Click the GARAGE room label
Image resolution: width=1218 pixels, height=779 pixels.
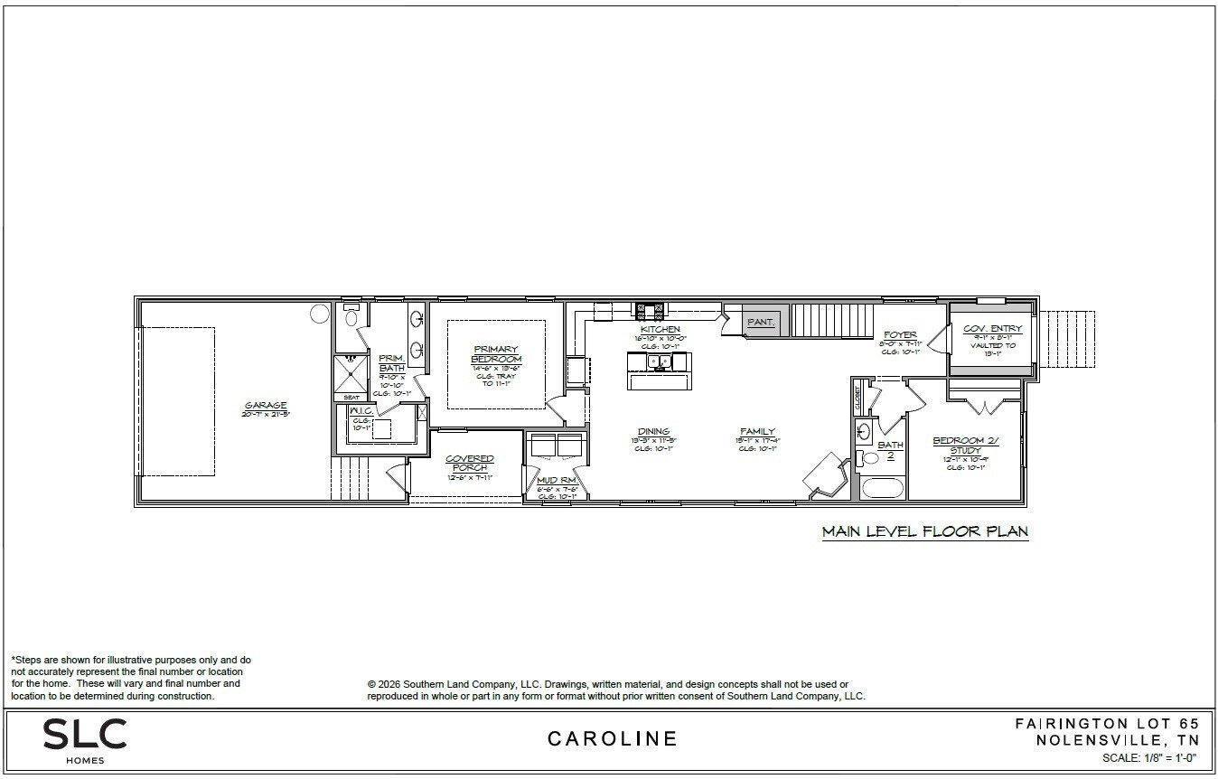pos(264,406)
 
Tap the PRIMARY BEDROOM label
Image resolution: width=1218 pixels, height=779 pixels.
pos(496,353)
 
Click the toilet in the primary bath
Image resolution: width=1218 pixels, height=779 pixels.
pos(351,317)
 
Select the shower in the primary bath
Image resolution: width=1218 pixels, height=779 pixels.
pos(350,372)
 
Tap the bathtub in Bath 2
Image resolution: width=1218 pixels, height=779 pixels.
pos(882,488)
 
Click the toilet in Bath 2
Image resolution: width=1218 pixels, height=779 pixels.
pos(868,459)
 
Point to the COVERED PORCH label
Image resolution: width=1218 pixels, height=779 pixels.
pos(470,463)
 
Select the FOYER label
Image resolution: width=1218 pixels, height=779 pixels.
pos(900,335)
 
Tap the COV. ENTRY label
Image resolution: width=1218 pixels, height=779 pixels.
pos(992,329)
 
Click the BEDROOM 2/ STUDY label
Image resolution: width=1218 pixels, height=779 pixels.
pos(965,445)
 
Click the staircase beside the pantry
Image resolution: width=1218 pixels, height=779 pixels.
pos(832,320)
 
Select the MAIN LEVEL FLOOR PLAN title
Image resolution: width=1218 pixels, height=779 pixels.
pos(924,531)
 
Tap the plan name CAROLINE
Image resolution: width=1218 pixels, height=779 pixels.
pos(613,738)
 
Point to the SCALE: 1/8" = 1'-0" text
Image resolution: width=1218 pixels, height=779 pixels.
pos(1149,758)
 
